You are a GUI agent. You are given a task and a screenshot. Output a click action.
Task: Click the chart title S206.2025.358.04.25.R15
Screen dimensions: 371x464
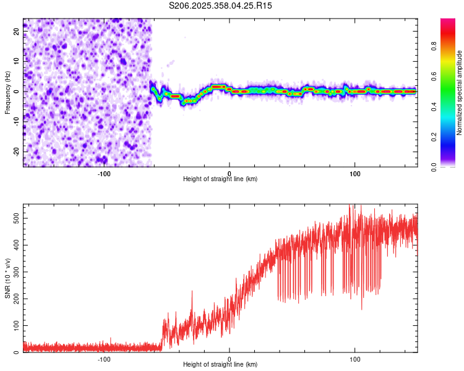coord(220,6)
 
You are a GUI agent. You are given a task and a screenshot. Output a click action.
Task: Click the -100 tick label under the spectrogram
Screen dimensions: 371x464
coord(103,174)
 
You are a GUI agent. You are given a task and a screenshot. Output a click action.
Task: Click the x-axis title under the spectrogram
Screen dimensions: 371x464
coord(220,179)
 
